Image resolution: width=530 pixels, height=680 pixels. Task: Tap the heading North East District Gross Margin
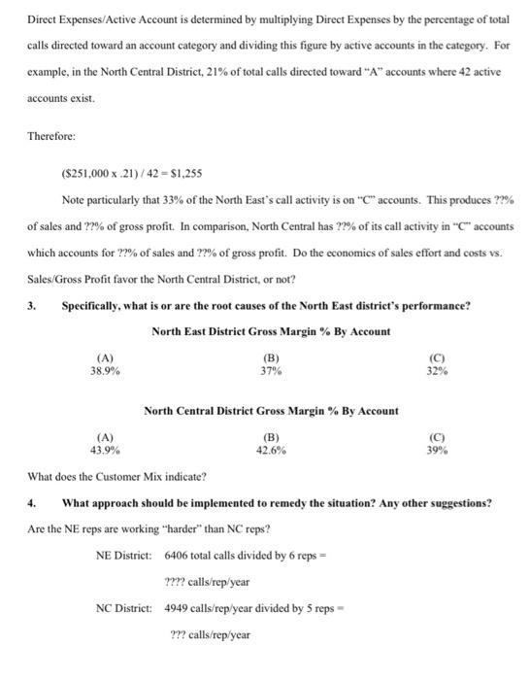[271, 331]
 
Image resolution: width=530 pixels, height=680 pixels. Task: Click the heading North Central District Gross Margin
[271, 411]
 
